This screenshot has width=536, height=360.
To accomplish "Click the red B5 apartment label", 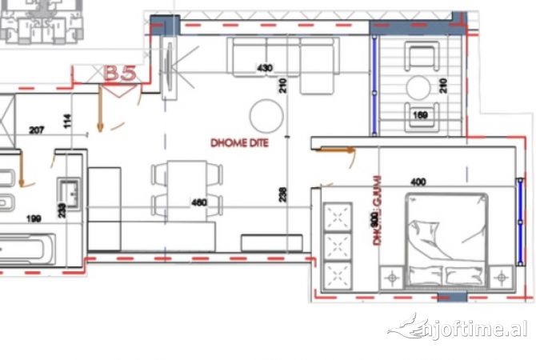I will click(121, 73).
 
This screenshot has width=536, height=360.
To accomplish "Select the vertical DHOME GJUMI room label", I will click(376, 210).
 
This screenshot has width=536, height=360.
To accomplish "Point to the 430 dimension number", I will click(265, 69).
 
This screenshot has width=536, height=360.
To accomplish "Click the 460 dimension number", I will click(199, 202).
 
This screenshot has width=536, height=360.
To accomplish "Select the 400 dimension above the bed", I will click(418, 182).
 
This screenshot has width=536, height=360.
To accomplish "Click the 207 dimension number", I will click(37, 129).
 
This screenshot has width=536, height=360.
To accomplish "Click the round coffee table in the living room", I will click(266, 117).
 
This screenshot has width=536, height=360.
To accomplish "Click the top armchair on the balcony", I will click(422, 56).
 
